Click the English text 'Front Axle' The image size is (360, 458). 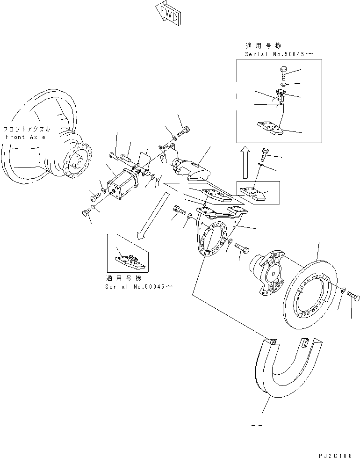pyautogui.click(x=26, y=137)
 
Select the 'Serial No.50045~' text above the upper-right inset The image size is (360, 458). pyautogui.click(x=278, y=54)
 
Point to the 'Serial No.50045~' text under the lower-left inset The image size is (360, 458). pyautogui.click(x=138, y=286)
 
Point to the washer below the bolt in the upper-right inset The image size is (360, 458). pyautogui.click(x=283, y=85)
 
